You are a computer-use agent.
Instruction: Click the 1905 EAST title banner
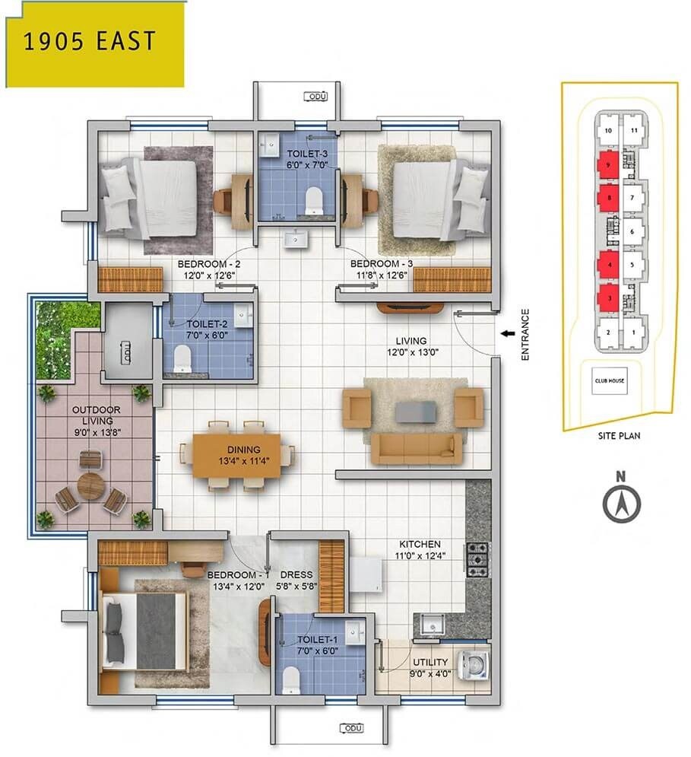pos(94,42)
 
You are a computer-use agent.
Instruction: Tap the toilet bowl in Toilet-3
pos(312,201)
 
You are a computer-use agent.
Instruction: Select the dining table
pos(236,455)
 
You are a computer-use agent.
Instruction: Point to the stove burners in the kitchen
pos(478,559)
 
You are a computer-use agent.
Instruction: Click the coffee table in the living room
pos(415,412)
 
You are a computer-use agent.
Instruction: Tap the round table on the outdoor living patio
pos(91,485)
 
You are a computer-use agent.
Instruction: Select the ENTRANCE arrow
pos(506,332)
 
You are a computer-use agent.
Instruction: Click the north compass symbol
pos(622,503)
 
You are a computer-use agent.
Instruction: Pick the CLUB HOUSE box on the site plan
pos(610,380)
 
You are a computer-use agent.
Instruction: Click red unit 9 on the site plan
pos(608,164)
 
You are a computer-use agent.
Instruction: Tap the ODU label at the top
pos(315,97)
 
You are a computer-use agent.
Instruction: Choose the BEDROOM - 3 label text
pos(382,264)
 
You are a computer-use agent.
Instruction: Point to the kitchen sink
pos(433,625)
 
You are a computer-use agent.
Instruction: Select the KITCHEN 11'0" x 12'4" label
pos(420,550)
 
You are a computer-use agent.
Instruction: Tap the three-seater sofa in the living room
pos(416,449)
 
